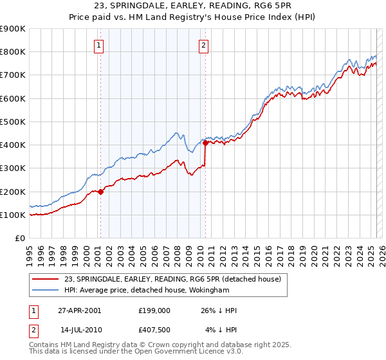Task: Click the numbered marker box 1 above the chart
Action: [100, 45]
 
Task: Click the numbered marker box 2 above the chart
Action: [203, 45]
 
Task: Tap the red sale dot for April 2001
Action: [101, 192]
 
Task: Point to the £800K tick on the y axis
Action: [14, 52]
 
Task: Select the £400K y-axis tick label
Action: [14, 145]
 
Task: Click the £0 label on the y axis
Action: [20, 239]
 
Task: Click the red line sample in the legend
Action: [45, 280]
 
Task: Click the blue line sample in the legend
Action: [45, 291]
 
